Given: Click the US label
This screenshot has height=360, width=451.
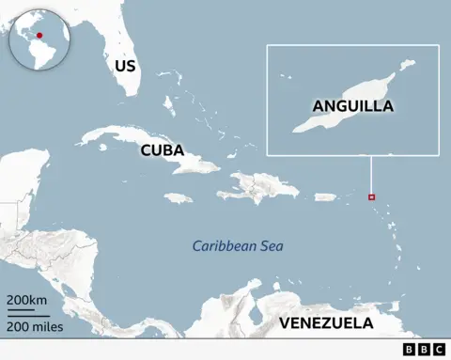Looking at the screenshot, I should [x=125, y=66].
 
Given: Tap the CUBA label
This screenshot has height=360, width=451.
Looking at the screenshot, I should [x=162, y=149].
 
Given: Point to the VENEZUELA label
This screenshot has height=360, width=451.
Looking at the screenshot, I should [x=325, y=324].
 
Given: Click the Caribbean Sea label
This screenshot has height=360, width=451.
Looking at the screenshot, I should [x=238, y=246].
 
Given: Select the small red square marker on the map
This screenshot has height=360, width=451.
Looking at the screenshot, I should [x=371, y=197].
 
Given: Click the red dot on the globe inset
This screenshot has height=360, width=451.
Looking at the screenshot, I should [x=39, y=35].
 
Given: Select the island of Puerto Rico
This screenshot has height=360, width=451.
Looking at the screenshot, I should [x=325, y=197].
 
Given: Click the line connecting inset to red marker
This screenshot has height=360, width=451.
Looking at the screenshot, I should [x=371, y=174].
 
